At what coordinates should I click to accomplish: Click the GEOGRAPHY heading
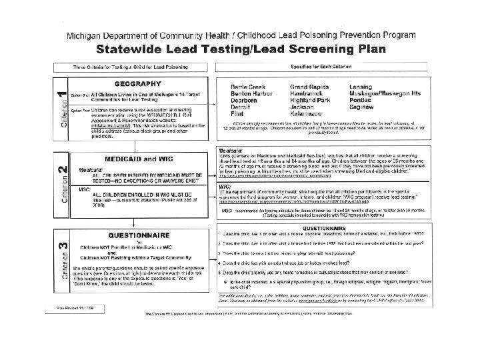tap(137, 84)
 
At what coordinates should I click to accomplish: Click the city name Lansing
tap(363, 87)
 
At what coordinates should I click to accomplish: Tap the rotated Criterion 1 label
tap(62, 109)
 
